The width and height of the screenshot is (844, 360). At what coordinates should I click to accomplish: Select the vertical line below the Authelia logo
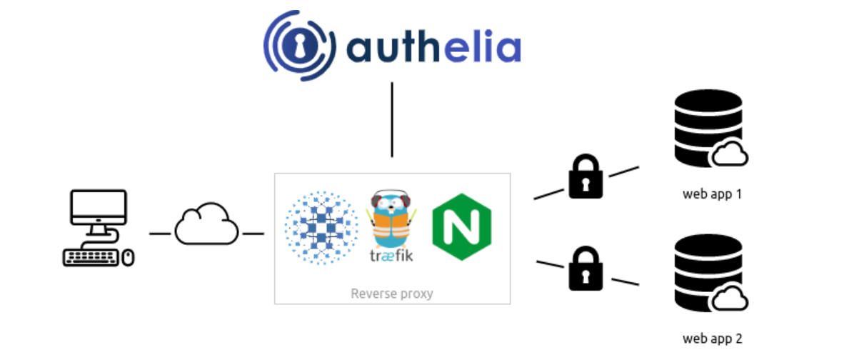click(391, 119)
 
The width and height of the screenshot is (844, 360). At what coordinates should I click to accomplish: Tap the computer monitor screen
click(98, 209)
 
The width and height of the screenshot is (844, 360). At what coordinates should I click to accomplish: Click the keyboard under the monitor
click(91, 257)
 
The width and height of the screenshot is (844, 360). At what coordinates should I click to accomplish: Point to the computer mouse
click(128, 257)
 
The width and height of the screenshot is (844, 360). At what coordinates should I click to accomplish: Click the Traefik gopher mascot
click(391, 219)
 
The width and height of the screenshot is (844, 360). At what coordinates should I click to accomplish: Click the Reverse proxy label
click(392, 294)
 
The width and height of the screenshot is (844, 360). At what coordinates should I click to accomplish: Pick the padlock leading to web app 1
click(586, 178)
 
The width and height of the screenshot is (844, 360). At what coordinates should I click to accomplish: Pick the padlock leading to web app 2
click(586, 269)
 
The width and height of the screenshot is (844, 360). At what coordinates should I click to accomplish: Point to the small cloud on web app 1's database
click(730, 154)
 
